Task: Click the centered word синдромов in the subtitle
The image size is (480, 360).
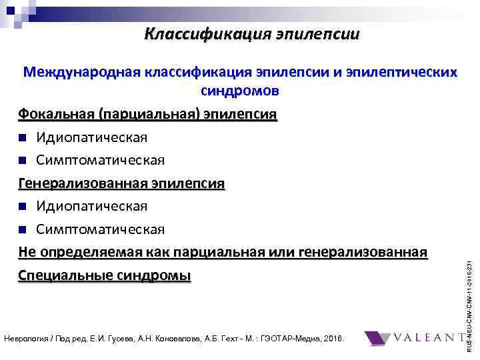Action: coord(239,90)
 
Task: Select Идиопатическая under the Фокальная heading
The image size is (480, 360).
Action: coord(92,137)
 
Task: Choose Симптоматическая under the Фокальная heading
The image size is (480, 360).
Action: coord(100,160)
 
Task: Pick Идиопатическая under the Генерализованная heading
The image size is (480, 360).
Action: coord(92,206)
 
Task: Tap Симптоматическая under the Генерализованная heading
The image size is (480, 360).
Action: coord(100,229)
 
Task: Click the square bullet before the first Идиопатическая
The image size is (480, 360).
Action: coord(23,137)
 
